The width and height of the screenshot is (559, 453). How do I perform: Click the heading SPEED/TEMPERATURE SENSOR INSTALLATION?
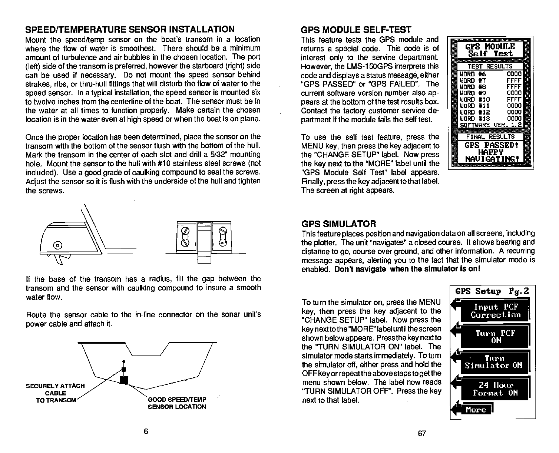pyautogui.click(x=130, y=29)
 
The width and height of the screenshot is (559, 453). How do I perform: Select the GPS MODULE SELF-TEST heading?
pyautogui.click(x=356, y=29)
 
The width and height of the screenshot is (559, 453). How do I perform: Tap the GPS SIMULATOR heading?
pyautogui.click(x=339, y=224)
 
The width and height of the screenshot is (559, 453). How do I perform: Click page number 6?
pyautogui.click(x=146, y=431)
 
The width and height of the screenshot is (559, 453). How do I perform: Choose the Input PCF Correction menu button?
pyautogui.click(x=495, y=311)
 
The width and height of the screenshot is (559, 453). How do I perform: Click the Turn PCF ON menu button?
pyautogui.click(x=495, y=337)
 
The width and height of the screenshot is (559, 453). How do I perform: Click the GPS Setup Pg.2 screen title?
pyautogui.click(x=491, y=291)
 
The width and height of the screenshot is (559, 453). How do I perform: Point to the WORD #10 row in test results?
pyautogui.click(x=490, y=100)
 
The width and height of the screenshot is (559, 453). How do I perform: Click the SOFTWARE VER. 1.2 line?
pyautogui.click(x=490, y=125)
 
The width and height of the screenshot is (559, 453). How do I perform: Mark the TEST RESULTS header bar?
pyautogui.click(x=490, y=67)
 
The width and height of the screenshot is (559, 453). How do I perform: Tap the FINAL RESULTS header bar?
pyautogui.click(x=490, y=137)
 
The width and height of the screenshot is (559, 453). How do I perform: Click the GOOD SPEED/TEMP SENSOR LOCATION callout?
pyautogui.click(x=177, y=403)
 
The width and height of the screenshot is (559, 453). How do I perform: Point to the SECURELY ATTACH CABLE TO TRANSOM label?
pyautogui.click(x=55, y=393)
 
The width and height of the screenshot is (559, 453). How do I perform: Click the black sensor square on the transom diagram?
pyautogui.click(x=124, y=380)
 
